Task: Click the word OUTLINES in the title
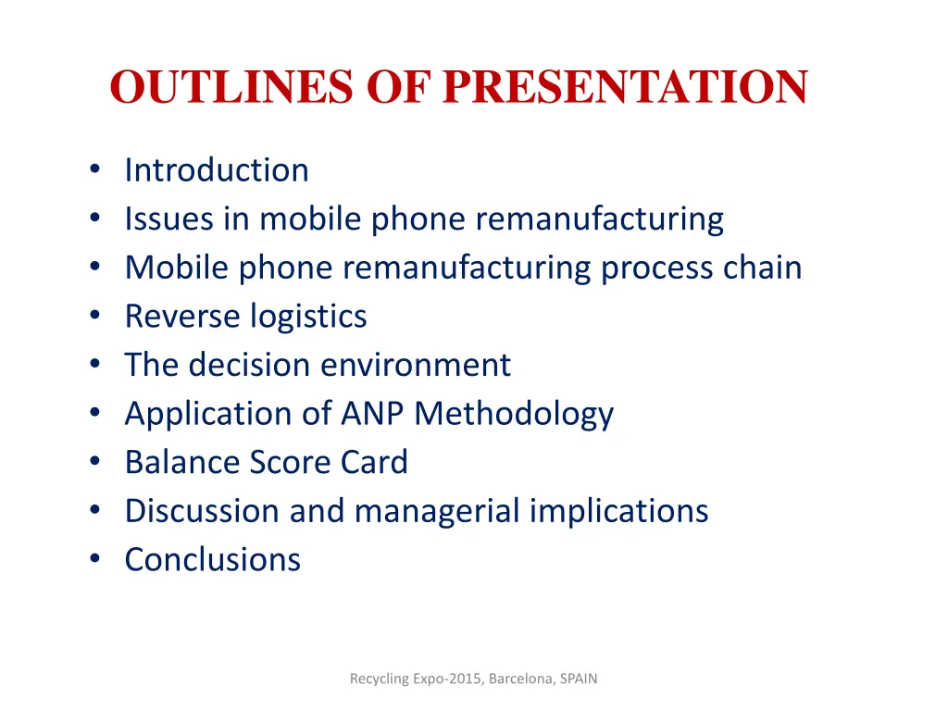pos(231,87)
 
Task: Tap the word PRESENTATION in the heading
pos(625,87)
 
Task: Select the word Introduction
pos(217,170)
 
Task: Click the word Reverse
pos(181,317)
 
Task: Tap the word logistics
pos(308,317)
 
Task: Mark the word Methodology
pos(514,413)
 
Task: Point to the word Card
pos(374,462)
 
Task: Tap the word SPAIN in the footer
pos(579,679)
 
